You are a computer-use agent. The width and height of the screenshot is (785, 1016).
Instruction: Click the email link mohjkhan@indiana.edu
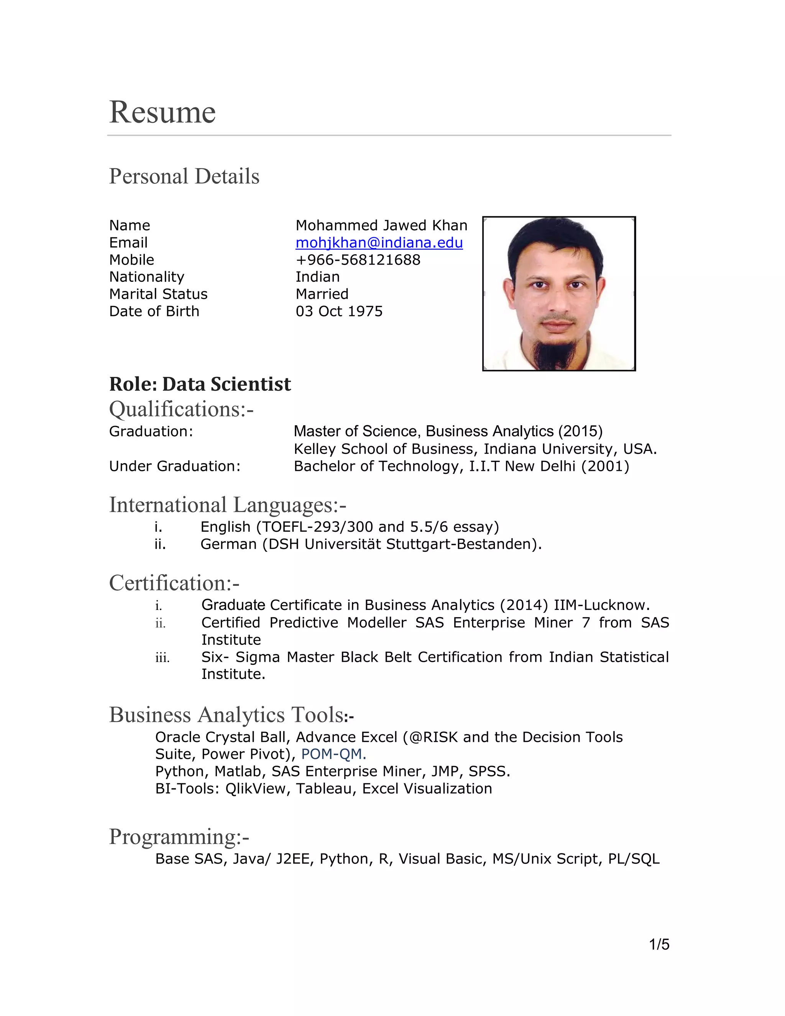[379, 243]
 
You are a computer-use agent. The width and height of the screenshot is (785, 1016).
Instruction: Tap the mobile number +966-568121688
[358, 260]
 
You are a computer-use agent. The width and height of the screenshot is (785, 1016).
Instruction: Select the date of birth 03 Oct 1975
[339, 311]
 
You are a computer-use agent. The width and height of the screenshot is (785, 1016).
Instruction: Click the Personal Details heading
[184, 176]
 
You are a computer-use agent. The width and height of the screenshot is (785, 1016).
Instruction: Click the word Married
[322, 294]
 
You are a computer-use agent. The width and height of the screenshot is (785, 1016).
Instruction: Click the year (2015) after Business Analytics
[580, 431]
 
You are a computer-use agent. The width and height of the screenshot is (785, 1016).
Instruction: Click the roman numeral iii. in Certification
[162, 658]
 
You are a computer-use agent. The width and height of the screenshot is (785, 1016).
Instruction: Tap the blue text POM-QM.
[333, 754]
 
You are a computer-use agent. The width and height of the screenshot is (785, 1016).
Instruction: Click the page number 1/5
[659, 945]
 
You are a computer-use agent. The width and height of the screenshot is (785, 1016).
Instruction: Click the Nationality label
[146, 277]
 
